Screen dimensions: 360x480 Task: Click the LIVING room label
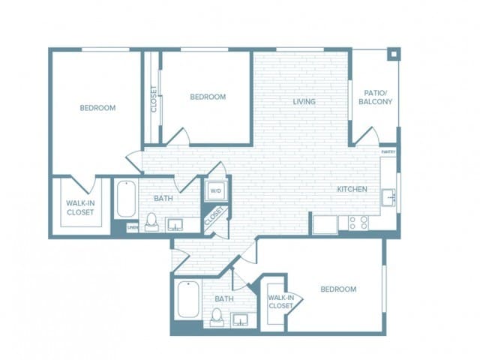pyautogui.click(x=304, y=101)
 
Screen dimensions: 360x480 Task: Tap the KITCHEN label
pyautogui.click(x=352, y=190)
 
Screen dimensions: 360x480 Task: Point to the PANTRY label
pyautogui.click(x=388, y=152)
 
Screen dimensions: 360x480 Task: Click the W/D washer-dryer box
pyautogui.click(x=215, y=191)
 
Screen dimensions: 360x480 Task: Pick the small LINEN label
pyautogui.click(x=132, y=226)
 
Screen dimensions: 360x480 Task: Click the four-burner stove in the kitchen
pyautogui.click(x=358, y=223)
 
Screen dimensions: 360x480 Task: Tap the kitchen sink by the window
pyautogui.click(x=388, y=196)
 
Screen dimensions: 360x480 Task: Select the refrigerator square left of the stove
pyautogui.click(x=325, y=223)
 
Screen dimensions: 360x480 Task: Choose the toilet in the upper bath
pyautogui.click(x=151, y=222)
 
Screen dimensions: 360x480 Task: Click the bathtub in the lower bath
pyautogui.click(x=187, y=300)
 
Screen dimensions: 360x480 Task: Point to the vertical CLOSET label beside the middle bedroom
pyautogui.click(x=154, y=99)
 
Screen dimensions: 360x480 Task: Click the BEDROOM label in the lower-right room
pyautogui.click(x=338, y=289)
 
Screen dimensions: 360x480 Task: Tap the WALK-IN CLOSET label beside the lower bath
pyautogui.click(x=280, y=301)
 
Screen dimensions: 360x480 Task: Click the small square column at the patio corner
pyautogui.click(x=393, y=54)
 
